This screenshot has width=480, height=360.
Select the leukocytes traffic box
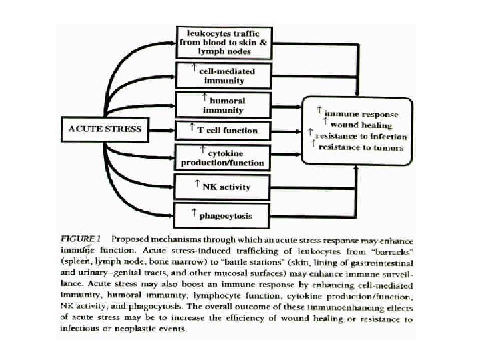222,41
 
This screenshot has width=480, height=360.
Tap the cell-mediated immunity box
222,75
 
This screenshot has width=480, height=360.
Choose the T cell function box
222,128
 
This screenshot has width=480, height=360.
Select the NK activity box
222,186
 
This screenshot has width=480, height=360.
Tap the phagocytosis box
222,215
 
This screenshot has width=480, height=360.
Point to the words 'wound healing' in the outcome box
361,125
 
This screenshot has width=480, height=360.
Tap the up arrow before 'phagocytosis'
193,213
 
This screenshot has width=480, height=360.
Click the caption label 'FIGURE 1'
81,238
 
